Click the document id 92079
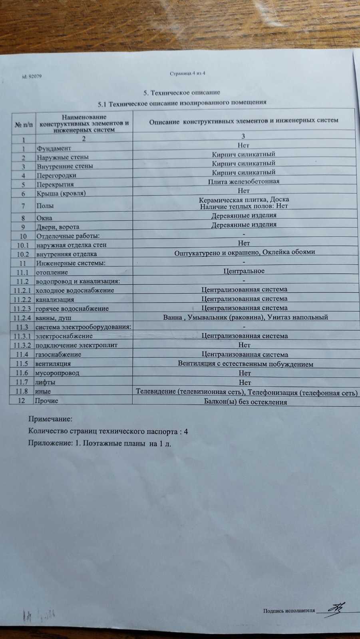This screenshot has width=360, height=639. [32, 76]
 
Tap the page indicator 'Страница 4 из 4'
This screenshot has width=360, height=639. [187, 73]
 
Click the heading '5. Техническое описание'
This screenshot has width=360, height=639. [182, 93]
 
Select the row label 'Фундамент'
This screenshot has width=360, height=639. [54, 148]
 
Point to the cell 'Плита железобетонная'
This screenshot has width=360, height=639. [243, 181]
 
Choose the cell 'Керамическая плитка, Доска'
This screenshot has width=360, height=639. [244, 199]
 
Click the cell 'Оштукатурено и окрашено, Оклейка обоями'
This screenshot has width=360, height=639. [245, 252]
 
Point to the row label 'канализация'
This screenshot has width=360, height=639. [55, 299]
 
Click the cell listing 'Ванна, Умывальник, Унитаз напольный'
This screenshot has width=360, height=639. [245, 317]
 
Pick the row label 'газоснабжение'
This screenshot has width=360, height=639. [58, 354]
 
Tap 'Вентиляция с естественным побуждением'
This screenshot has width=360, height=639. [245, 364]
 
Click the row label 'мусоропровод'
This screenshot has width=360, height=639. [57, 373]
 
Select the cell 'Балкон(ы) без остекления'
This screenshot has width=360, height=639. [245, 402]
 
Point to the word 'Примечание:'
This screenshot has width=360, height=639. [50, 419]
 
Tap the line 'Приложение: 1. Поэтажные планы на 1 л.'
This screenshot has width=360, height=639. [100, 444]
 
